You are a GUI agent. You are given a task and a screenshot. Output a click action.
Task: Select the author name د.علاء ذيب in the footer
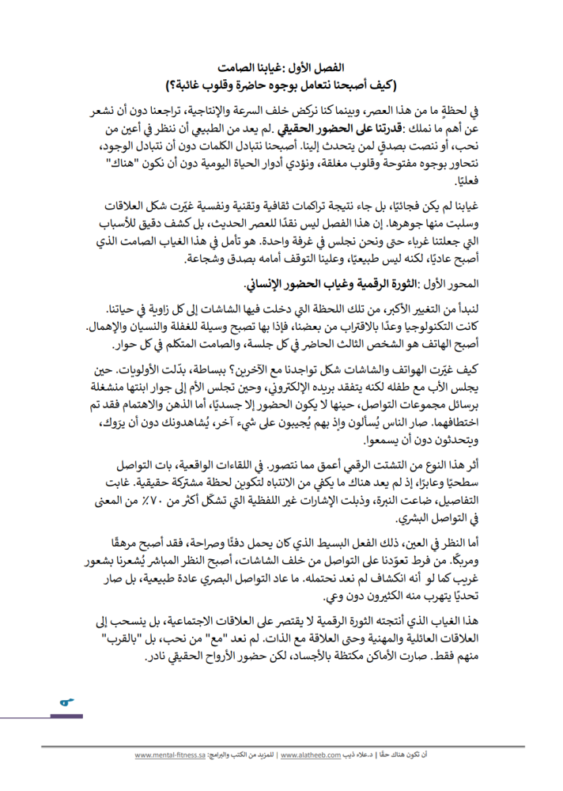[357, 755]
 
